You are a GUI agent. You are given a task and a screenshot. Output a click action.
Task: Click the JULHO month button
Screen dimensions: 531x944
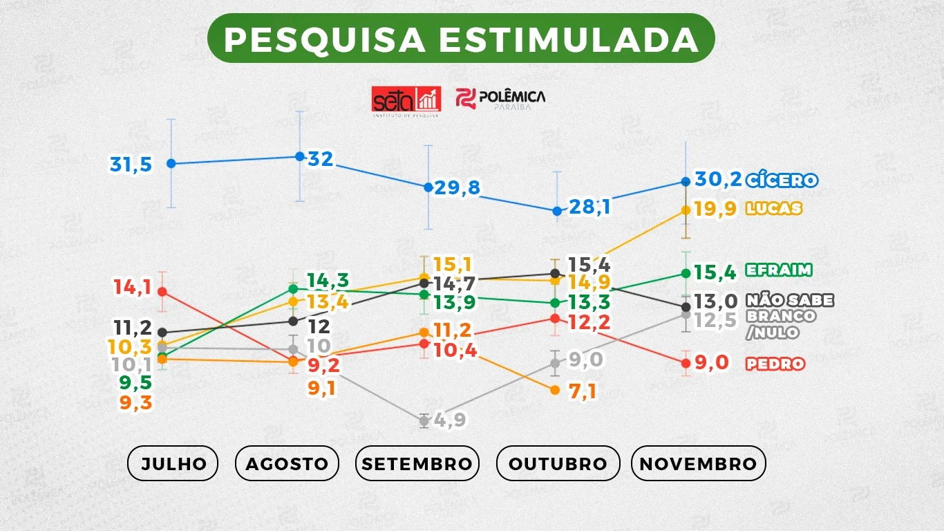click(173, 463)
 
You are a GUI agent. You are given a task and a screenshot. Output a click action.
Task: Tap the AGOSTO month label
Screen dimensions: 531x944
click(287, 463)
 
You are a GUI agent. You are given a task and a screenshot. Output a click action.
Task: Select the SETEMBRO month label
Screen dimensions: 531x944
click(417, 463)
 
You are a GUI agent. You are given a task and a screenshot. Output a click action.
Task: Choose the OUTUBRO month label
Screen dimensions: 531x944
click(558, 463)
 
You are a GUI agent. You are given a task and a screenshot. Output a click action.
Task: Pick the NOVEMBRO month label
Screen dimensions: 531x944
click(698, 463)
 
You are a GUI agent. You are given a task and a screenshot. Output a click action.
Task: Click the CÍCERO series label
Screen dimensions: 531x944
click(782, 180)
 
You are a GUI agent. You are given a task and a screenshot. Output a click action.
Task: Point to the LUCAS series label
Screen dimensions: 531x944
click(773, 208)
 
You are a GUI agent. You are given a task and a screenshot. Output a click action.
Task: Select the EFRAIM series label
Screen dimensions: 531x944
click(778, 270)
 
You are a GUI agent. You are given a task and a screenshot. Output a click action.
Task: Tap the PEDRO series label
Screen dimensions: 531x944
click(775, 364)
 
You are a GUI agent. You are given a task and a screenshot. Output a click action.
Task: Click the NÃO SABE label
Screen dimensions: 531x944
click(789, 300)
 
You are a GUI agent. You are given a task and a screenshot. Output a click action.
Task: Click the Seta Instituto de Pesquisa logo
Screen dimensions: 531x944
click(406, 101)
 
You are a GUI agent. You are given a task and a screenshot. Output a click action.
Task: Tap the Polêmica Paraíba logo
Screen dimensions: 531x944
click(500, 100)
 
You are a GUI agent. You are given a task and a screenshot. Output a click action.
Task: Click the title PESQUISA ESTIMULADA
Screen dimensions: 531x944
click(461, 39)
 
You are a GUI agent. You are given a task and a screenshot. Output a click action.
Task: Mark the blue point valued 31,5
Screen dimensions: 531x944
click(171, 163)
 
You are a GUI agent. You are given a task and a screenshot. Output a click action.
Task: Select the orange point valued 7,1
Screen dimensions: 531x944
click(554, 390)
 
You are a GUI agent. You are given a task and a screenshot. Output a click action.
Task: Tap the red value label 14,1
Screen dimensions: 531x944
click(133, 287)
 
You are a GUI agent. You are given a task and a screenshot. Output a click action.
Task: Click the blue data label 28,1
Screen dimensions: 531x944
click(589, 206)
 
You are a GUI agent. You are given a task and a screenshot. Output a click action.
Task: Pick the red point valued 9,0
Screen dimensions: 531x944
click(686, 362)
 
